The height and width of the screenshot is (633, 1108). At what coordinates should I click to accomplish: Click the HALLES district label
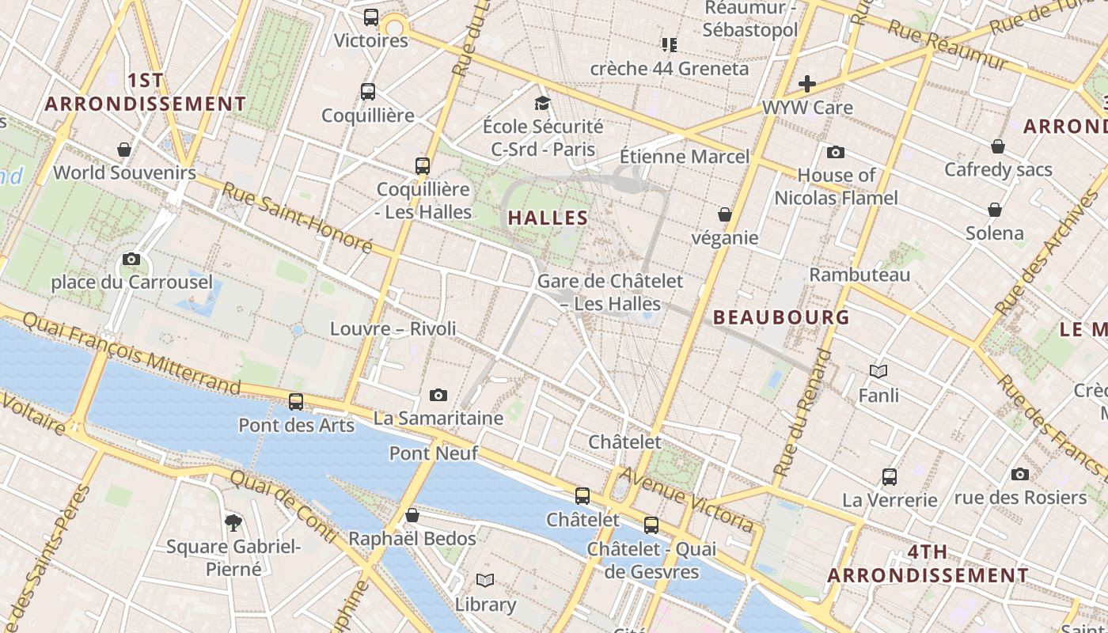pos(548,218)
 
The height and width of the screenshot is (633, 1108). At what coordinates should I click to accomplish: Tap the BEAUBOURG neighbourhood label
pos(781,317)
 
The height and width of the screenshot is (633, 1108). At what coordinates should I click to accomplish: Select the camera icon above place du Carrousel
pos(132,259)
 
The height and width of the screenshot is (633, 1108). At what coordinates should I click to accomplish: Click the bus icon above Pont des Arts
pos(296,402)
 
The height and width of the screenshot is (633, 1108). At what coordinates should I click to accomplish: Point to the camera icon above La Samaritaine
pos(438,395)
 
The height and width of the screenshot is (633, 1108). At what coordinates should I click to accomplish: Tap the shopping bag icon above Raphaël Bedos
pos(412,516)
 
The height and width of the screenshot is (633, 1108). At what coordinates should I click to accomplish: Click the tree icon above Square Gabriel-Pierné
pos(233,522)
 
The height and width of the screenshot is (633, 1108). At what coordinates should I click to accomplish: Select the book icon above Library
pos(485,581)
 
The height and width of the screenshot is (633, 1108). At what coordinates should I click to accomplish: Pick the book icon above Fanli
pos(878,371)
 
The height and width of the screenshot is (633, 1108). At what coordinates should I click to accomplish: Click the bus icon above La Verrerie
pos(890,477)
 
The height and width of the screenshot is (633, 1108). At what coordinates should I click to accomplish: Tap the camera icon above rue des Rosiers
pos(1020,474)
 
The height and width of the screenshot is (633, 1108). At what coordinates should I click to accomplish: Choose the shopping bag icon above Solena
pos(995,210)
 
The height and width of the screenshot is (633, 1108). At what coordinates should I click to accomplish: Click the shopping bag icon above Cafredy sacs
pos(998,146)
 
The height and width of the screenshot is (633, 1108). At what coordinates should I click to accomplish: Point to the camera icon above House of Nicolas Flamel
pos(836,152)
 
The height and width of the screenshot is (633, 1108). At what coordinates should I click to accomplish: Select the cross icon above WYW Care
pos(807,84)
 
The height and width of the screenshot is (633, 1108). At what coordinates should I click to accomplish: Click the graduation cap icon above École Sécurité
pos(542,103)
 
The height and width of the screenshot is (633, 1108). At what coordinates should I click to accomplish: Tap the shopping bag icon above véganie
pos(724,214)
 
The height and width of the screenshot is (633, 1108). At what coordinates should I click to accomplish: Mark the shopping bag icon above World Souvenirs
pos(124,150)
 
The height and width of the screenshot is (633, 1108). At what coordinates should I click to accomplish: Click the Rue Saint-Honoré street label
pos(297,218)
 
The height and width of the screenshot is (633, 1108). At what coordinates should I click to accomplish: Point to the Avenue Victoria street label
pos(687,498)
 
